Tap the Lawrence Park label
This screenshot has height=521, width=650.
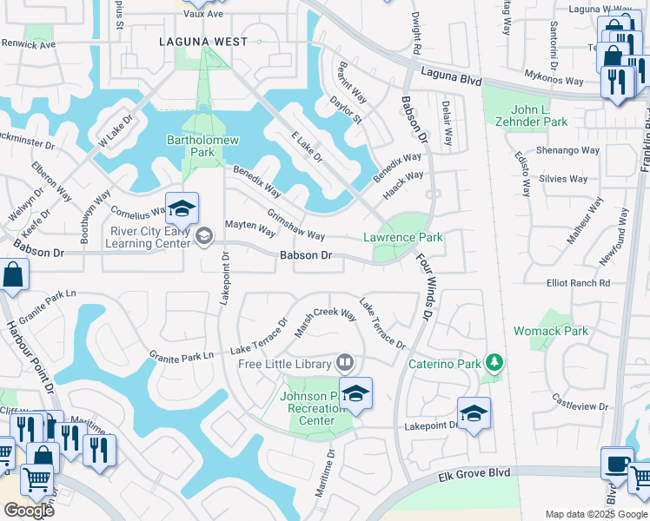[402, 237]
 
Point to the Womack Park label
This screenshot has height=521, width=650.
[550, 331]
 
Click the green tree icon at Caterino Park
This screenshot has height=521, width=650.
[494, 360]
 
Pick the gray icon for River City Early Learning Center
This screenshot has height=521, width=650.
[204, 236]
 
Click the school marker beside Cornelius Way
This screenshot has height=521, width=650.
[182, 208]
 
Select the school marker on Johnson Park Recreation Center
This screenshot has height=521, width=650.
[355, 394]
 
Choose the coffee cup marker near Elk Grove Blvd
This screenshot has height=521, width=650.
[617, 462]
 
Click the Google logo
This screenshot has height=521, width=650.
[29, 510]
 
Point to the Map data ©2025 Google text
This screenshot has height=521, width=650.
[595, 514]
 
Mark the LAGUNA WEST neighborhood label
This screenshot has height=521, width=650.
[202, 42]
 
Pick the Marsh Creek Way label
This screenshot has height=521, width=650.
[328, 316]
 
